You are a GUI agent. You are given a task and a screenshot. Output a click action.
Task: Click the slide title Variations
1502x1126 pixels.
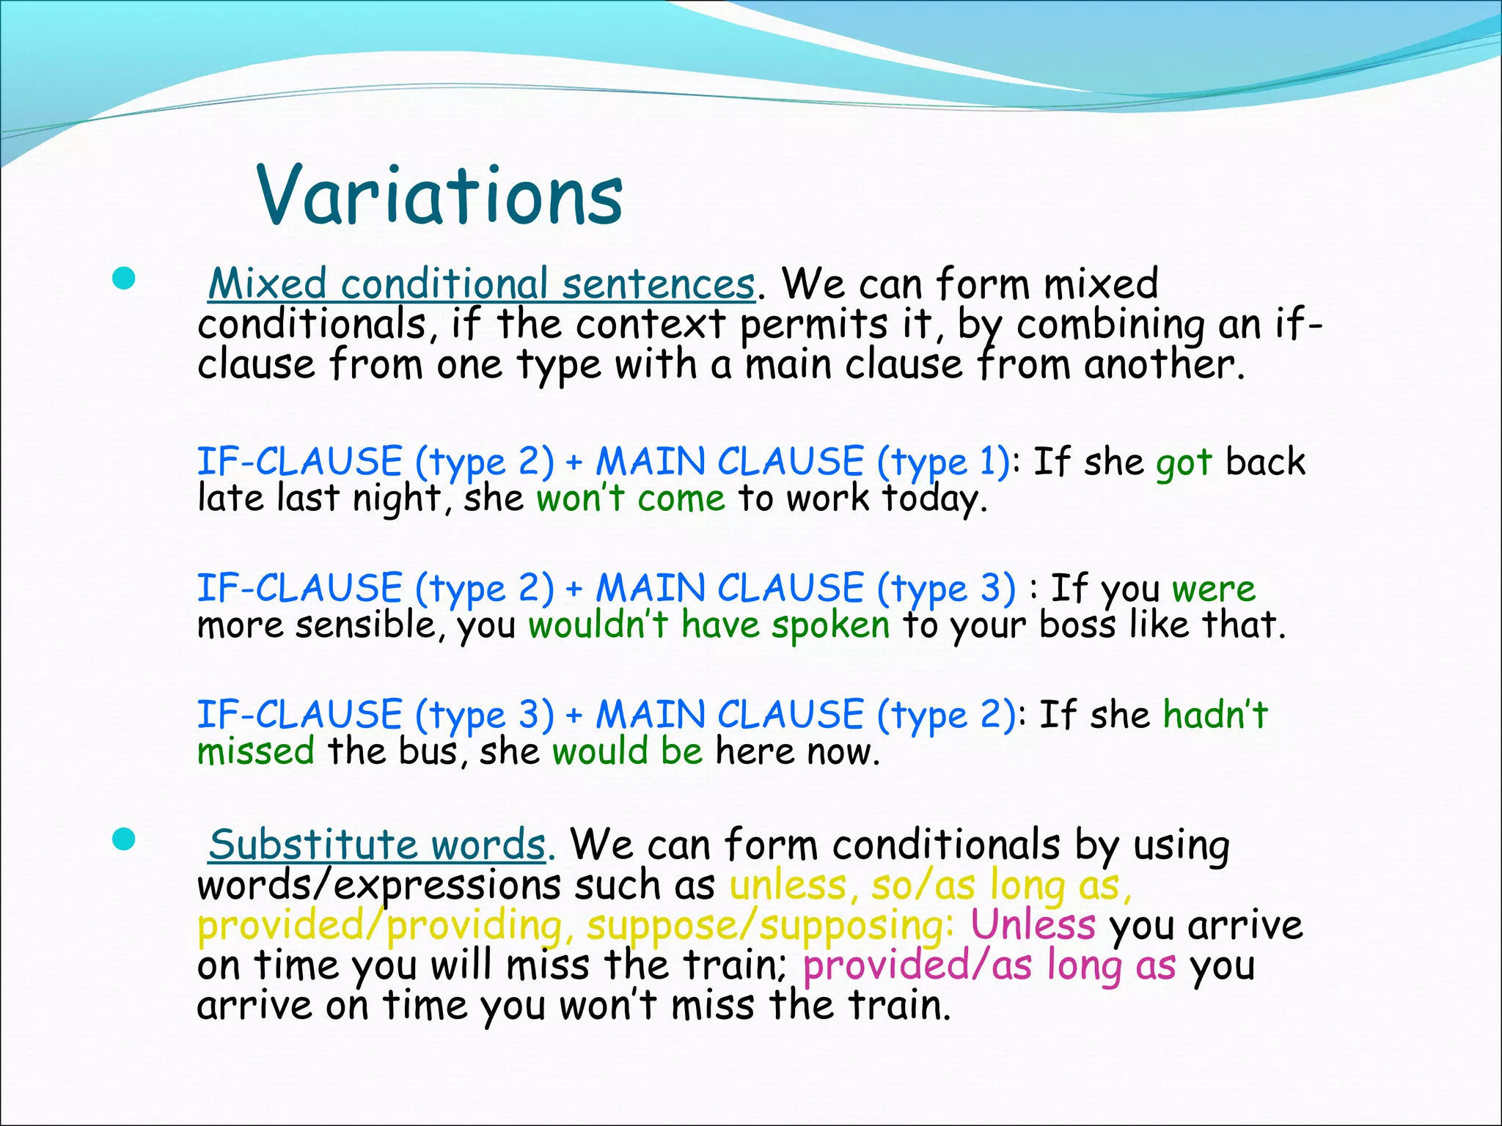pyautogui.click(x=440, y=195)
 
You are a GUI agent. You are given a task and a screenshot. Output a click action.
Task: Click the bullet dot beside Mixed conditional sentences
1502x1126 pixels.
pyautogui.click(x=125, y=279)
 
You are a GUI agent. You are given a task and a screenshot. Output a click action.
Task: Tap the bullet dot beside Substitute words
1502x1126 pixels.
pyautogui.click(x=125, y=840)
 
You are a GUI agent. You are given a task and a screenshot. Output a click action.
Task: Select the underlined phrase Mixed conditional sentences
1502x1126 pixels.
pyautogui.click(x=481, y=284)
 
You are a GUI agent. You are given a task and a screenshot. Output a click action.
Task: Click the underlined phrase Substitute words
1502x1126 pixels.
pyautogui.click(x=377, y=845)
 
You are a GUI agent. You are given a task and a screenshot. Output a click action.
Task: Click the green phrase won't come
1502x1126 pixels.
pyautogui.click(x=631, y=499)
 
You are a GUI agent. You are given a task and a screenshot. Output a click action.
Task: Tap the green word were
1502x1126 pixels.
pyautogui.click(x=1214, y=589)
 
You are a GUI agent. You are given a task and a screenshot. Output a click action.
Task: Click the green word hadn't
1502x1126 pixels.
pyautogui.click(x=1215, y=715)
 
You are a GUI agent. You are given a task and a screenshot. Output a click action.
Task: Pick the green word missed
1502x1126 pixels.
pyautogui.click(x=256, y=752)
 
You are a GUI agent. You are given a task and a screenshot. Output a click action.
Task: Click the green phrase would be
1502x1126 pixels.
pyautogui.click(x=628, y=752)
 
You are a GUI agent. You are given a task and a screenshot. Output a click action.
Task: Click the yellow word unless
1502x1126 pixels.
pyautogui.click(x=788, y=886)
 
